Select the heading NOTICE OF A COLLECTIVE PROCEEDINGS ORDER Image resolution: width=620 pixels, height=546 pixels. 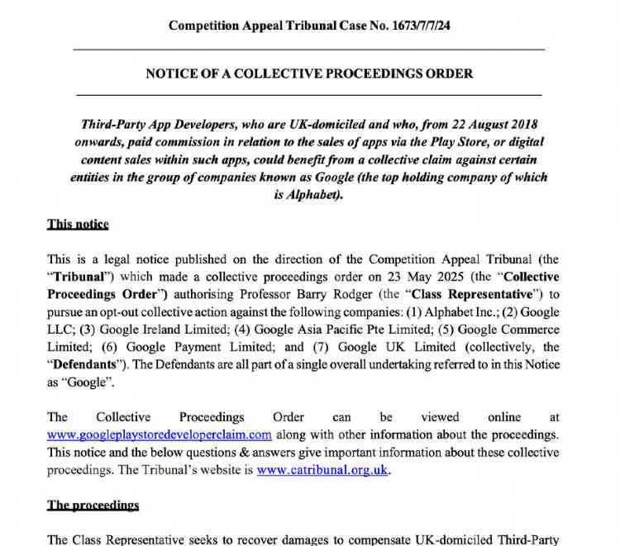pos(309,74)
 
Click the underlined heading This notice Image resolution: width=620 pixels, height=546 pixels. pos(78,224)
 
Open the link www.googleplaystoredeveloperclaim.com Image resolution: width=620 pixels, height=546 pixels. pos(159,434)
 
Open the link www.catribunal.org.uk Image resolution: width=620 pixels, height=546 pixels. pos(322,470)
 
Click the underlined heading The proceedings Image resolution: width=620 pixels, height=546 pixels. pos(93,505)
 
